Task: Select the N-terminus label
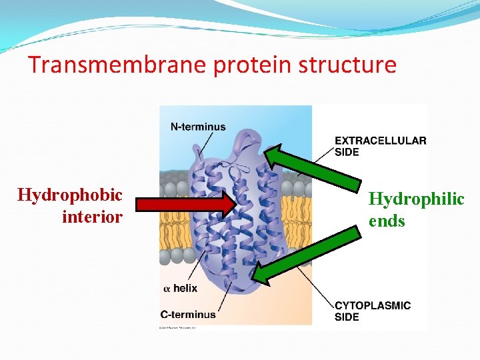click(x=198, y=127)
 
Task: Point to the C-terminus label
click(x=188, y=314)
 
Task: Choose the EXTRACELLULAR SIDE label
click(x=380, y=146)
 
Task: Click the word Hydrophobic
click(x=70, y=195)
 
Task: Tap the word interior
click(x=92, y=217)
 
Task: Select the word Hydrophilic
click(x=416, y=199)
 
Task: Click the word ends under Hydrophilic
click(x=387, y=221)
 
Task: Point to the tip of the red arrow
click(x=235, y=204)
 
